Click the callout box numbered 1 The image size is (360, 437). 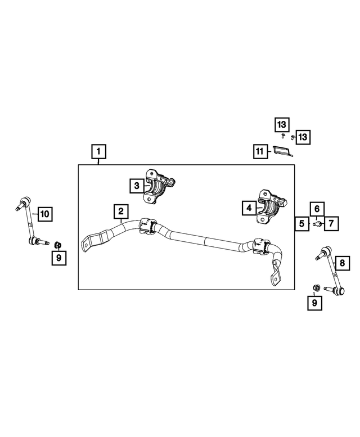tap(98, 151)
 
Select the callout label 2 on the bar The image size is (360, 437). tap(120, 212)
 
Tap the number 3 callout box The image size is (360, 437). tap(136, 184)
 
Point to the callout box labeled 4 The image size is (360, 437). tap(248, 208)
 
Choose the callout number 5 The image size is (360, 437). tap(302, 223)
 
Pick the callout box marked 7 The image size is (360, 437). tap(331, 223)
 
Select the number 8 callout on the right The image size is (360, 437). tap(341, 262)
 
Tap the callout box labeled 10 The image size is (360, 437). tap(44, 213)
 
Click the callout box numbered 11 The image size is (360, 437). tap(259, 151)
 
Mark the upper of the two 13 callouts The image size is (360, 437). tap(281, 123)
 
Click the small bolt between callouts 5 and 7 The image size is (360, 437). tap(317, 223)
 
